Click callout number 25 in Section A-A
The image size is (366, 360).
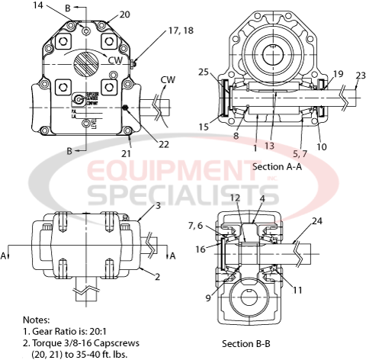(x=202, y=72)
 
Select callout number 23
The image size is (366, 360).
(x=360, y=75)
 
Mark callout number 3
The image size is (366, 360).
(x=157, y=206)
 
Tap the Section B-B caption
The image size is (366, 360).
(x=246, y=343)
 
